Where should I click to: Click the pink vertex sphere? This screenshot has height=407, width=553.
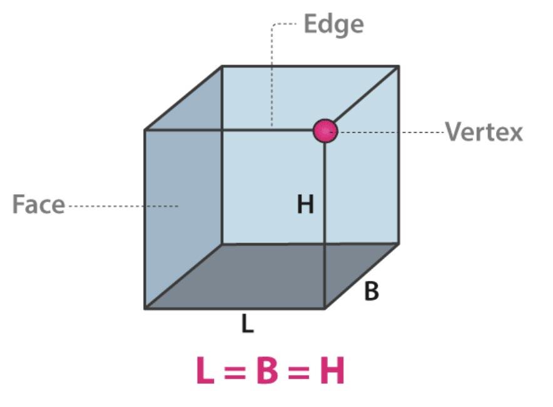[325, 131]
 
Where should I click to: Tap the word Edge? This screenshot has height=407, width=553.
[333, 24]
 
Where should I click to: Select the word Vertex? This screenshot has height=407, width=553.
[484, 132]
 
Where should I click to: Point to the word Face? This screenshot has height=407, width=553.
[38, 205]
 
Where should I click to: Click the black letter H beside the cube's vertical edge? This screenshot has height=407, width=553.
[305, 204]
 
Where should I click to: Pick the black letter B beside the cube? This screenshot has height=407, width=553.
[371, 291]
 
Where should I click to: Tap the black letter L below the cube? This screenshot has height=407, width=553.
[248, 324]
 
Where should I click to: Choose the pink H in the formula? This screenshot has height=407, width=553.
[332, 371]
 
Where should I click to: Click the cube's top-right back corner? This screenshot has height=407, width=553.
[398, 66]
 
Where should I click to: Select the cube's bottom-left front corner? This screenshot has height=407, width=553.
[145, 308]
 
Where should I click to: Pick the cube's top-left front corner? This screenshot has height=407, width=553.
[145, 130]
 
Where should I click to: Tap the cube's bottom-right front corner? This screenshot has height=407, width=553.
[324, 308]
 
